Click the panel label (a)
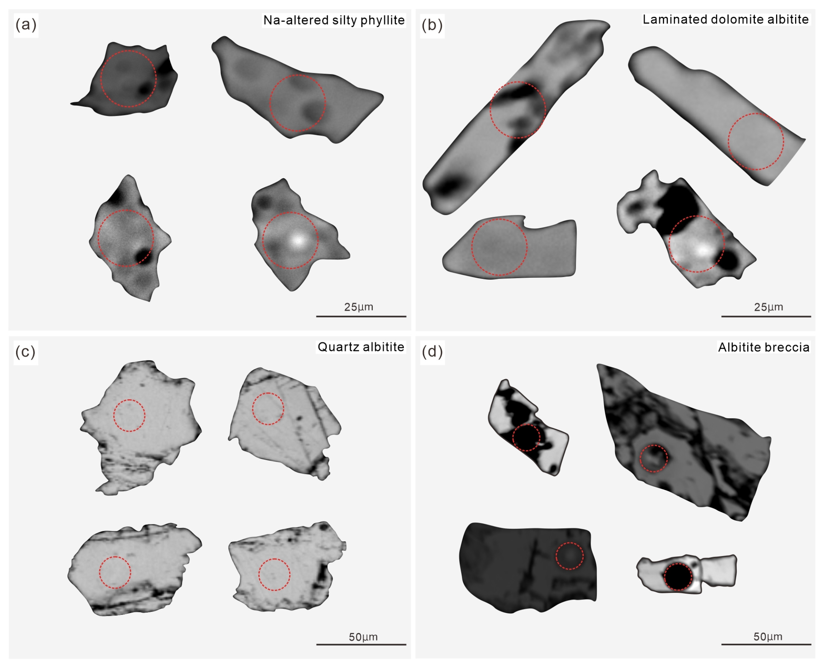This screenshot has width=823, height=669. pos(26,25)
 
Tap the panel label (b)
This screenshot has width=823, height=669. pos(432,25)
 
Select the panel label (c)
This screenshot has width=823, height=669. pos(25,351)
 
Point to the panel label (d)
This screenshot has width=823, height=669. pos(432,351)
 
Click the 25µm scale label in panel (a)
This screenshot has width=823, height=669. pos(358,307)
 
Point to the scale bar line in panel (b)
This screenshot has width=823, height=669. pos(766,317)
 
